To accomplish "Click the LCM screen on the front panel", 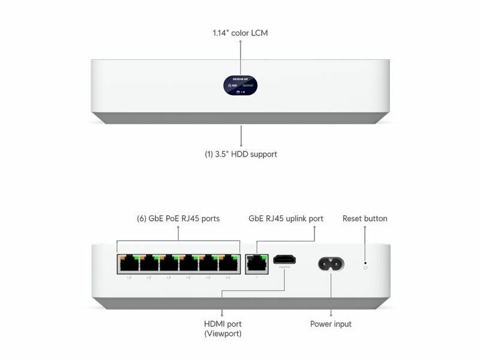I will (x=240, y=86).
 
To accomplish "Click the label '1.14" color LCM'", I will (x=240, y=32).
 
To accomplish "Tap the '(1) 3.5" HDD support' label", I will (x=241, y=154).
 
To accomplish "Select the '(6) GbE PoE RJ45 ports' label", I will (x=178, y=218).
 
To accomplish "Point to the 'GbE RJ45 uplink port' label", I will (x=286, y=218).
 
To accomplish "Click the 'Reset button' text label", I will (x=365, y=218).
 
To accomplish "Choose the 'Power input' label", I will (x=331, y=324).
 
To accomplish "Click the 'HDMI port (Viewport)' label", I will (x=223, y=329).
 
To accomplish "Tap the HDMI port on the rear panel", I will (x=284, y=260).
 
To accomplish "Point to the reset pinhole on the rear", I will (x=365, y=262).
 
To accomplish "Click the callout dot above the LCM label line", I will (x=241, y=43).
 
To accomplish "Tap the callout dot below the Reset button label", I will (x=365, y=229).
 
